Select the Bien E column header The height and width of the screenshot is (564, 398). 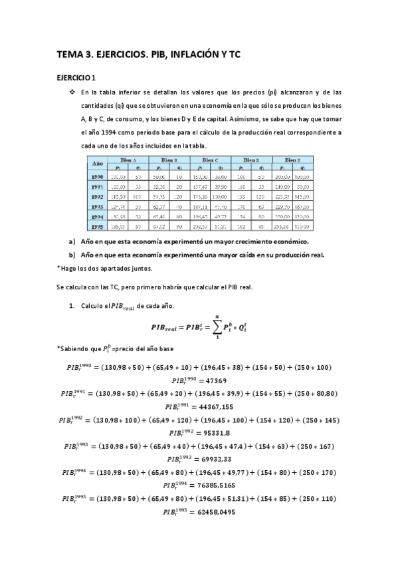pyautogui.click(x=293, y=160)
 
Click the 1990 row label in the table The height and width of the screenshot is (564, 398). pyautogui.click(x=96, y=178)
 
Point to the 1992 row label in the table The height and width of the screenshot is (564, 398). pyautogui.click(x=96, y=198)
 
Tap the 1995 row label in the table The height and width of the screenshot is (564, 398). pyautogui.click(x=96, y=227)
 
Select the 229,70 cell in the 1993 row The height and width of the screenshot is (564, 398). pyautogui.click(x=282, y=208)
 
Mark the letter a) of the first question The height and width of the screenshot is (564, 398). pyautogui.click(x=72, y=241)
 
